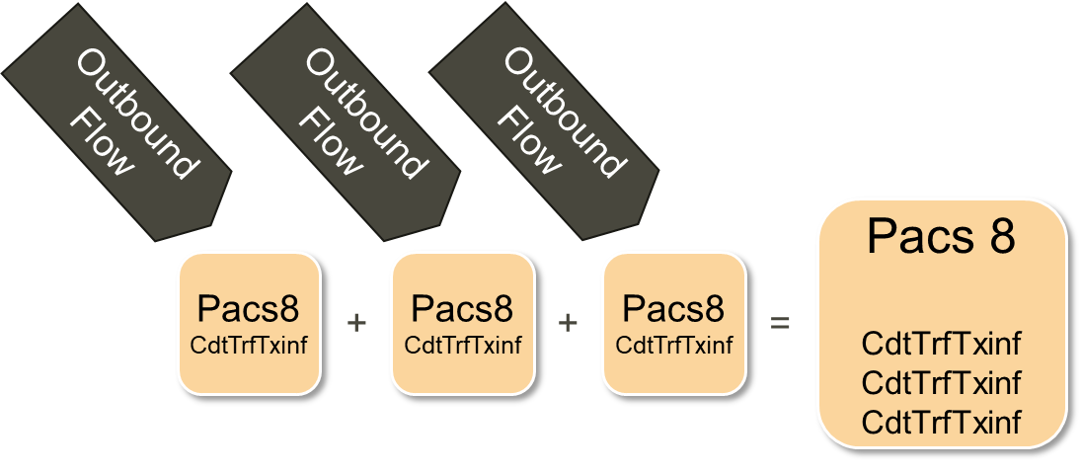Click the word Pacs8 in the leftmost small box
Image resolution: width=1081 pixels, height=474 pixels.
coord(249,308)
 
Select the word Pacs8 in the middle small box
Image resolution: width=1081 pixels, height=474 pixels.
coord(463,308)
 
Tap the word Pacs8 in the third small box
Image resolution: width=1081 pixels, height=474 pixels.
coord(674,308)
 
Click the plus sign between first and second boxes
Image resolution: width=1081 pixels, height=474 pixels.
coord(357,322)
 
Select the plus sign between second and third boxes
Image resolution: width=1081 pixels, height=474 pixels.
coord(568,322)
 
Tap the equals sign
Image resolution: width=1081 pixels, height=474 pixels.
coord(780,322)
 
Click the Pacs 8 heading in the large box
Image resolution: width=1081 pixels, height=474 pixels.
coord(941,238)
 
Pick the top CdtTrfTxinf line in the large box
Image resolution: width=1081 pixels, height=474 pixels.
coord(941,345)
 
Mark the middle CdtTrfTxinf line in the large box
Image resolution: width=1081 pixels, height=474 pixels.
coord(941,383)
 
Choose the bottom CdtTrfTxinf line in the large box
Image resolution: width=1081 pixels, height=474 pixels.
coord(941,423)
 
